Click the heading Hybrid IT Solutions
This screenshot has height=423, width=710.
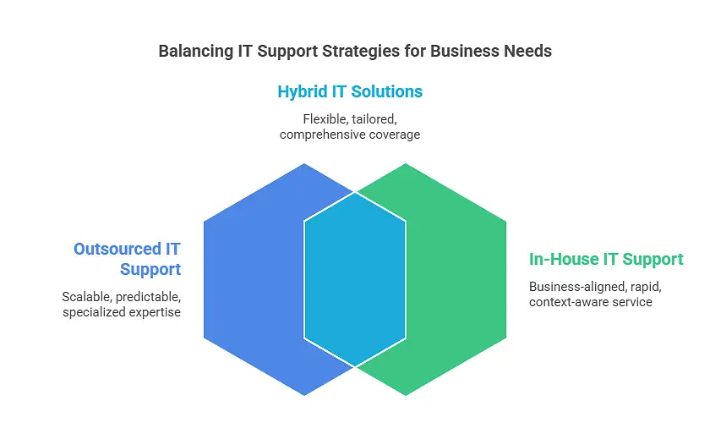click(350, 91)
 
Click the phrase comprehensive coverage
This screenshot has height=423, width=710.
click(350, 135)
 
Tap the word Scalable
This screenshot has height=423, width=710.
click(86, 297)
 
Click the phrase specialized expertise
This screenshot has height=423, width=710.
click(122, 313)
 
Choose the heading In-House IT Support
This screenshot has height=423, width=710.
click(606, 259)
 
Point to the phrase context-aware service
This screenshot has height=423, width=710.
click(591, 301)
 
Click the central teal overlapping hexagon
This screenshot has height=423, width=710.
click(355, 279)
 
